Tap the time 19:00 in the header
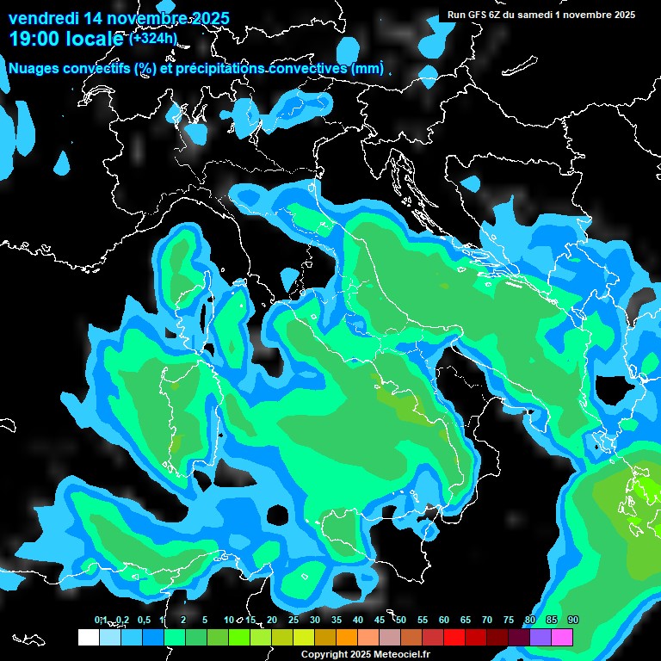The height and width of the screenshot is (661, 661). tap(33, 39)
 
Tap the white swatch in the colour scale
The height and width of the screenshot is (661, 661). tap(89, 638)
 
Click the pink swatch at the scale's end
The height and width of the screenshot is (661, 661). tap(562, 638)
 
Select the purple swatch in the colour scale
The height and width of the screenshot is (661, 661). tap(541, 638)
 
